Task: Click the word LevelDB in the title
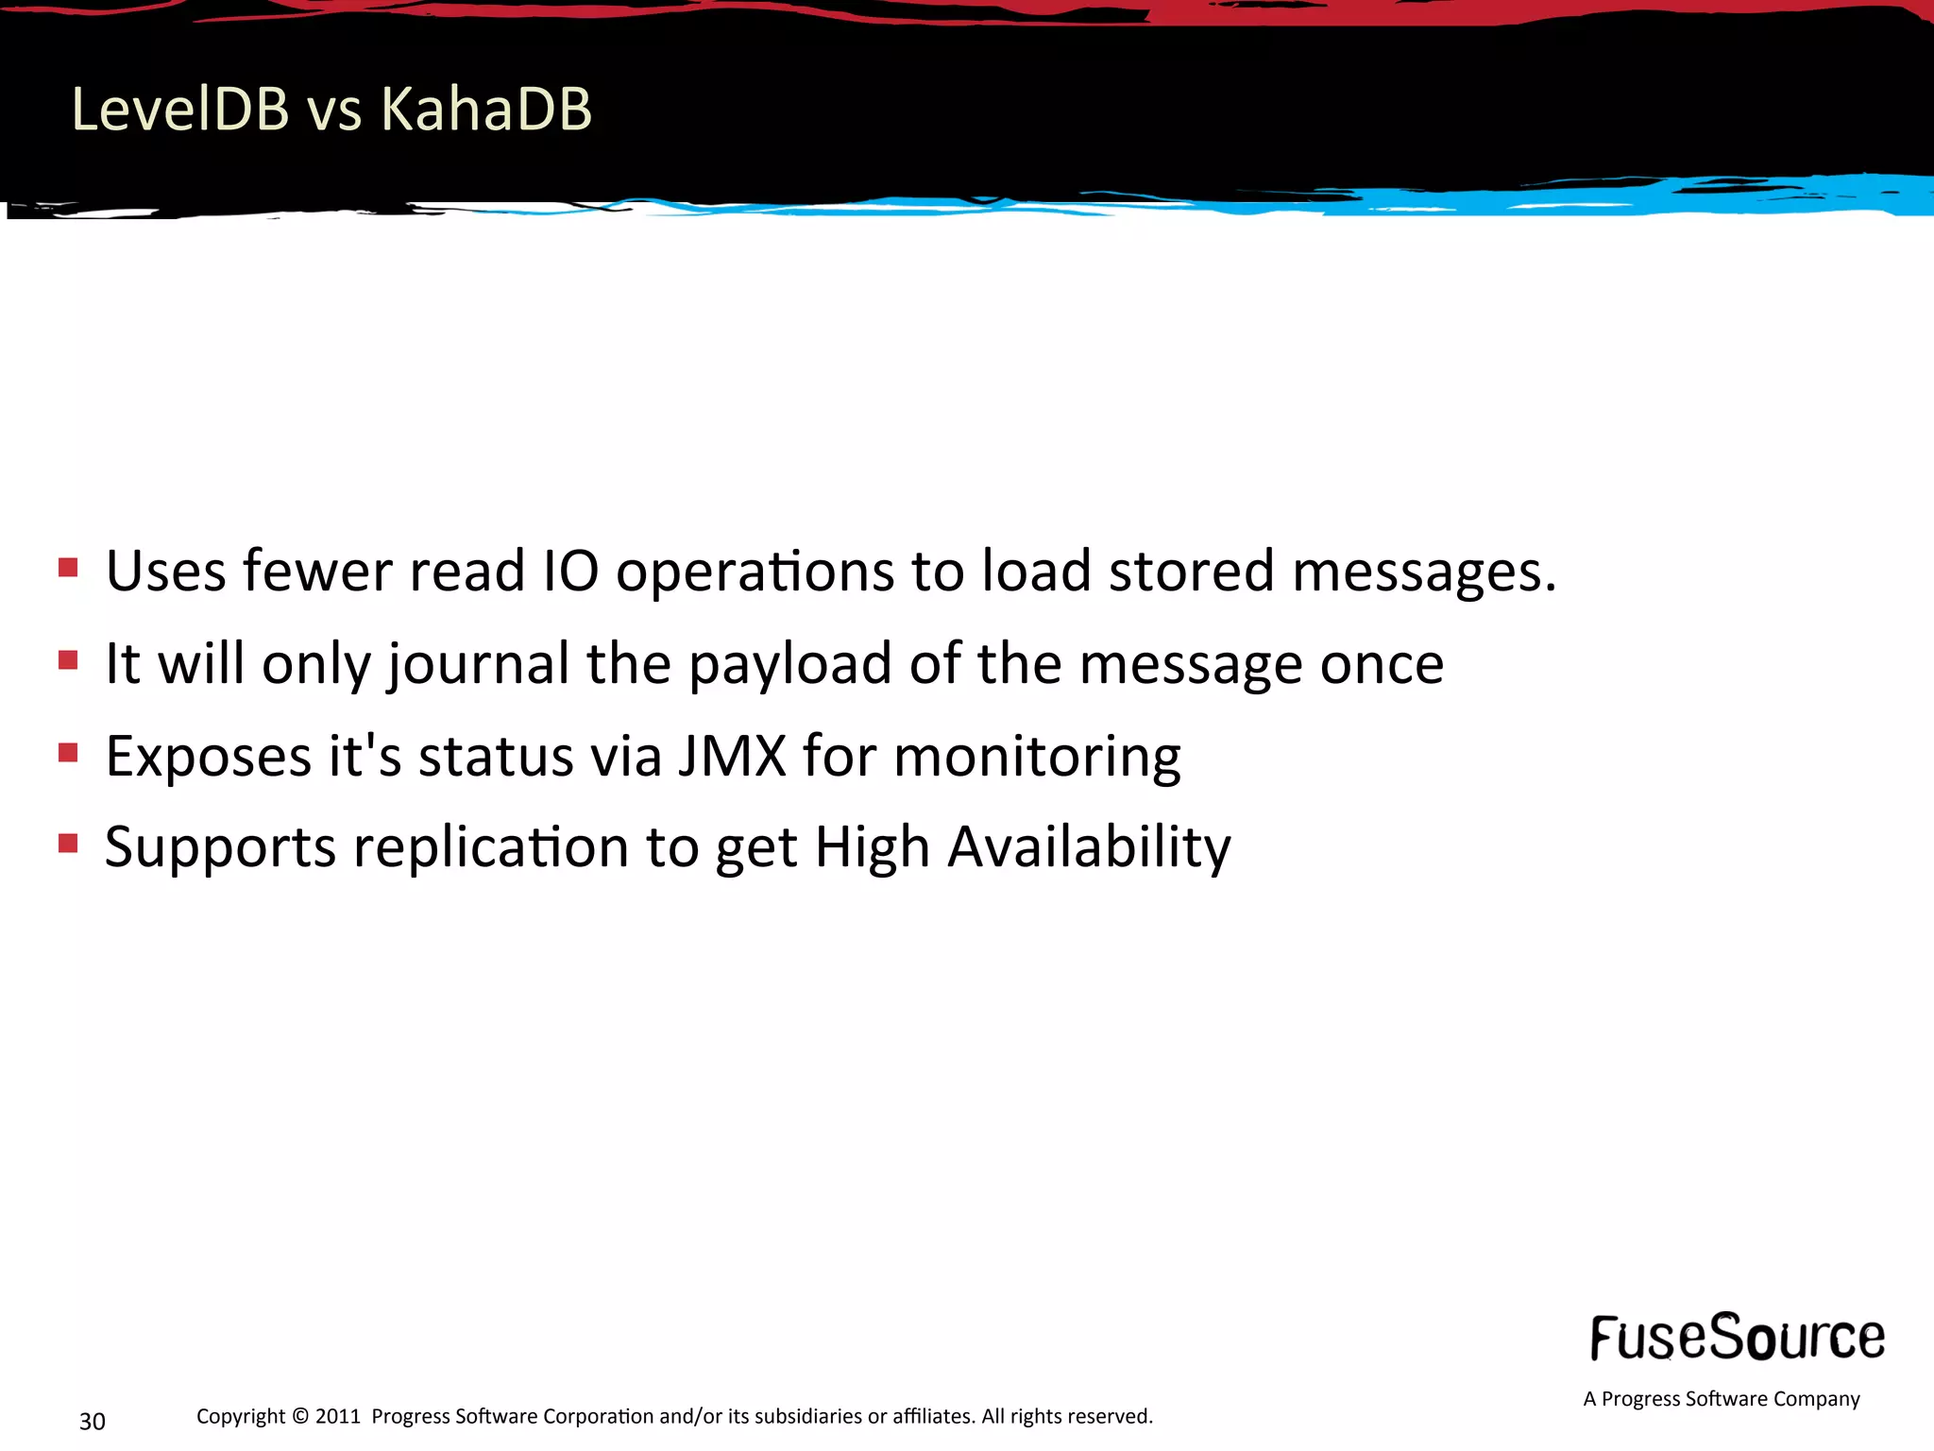click(x=179, y=109)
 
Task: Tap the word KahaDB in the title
click(x=485, y=109)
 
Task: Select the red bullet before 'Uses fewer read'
click(x=68, y=568)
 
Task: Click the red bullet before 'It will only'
click(x=68, y=659)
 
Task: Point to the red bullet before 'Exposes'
click(x=68, y=752)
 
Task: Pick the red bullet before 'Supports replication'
click(x=68, y=843)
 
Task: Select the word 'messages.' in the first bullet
click(x=1424, y=572)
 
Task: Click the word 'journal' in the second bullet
click(x=478, y=665)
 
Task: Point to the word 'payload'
click(x=790, y=665)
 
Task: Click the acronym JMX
click(x=732, y=756)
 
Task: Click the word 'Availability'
click(x=1089, y=848)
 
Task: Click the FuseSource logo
click(x=1737, y=1338)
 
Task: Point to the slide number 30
click(x=93, y=1421)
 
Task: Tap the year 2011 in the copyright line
click(x=338, y=1416)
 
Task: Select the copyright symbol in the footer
click(x=300, y=1416)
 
